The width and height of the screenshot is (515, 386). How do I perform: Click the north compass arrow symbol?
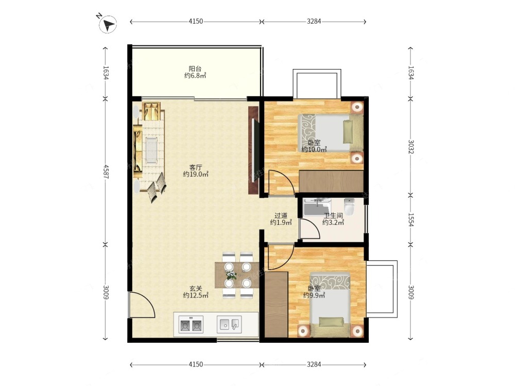tap(108, 24)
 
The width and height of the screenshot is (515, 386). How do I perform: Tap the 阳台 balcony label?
tap(195, 68)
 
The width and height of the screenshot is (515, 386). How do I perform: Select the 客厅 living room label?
tap(195, 167)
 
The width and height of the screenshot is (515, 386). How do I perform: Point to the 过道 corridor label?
tap(281, 216)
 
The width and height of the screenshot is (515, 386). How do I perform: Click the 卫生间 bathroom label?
tap(333, 216)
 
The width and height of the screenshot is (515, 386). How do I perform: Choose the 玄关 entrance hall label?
tap(195, 289)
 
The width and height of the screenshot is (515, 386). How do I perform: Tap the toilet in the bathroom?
tap(349, 207)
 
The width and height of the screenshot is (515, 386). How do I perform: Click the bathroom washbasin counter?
tap(317, 207)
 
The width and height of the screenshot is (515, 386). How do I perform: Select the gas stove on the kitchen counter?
tap(191, 325)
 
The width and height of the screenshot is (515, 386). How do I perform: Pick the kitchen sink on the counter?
tap(229, 324)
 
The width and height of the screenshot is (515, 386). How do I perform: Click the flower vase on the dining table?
tap(231, 275)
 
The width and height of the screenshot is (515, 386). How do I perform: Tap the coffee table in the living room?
tap(151, 150)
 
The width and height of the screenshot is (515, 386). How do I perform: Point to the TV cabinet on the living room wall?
tap(253, 150)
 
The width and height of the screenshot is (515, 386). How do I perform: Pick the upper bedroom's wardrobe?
tap(331, 181)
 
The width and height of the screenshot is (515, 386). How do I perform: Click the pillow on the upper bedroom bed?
tap(348, 132)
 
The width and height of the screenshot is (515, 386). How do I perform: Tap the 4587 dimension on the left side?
tap(106, 171)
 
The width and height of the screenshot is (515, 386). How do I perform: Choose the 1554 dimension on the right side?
tap(410, 220)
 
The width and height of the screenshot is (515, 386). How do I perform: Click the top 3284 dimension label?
tap(314, 21)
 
